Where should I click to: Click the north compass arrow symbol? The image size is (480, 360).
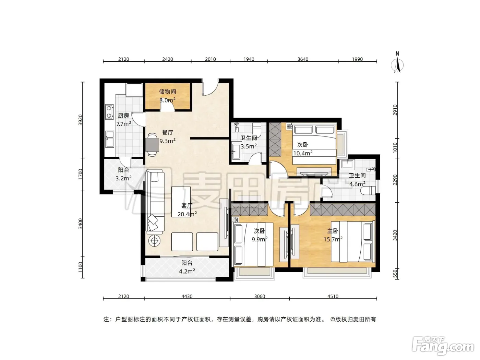point(397,65)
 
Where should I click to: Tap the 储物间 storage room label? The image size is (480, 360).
point(167,92)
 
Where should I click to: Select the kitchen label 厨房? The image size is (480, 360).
point(123,116)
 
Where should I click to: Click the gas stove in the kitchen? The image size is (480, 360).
point(109,112)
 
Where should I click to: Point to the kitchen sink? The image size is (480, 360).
point(110,139)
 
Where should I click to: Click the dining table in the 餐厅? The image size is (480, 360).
point(152,145)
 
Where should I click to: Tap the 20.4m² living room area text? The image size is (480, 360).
point(187,214)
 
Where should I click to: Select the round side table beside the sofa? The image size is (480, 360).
point(155,241)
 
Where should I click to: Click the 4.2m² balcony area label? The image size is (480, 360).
point(187,271)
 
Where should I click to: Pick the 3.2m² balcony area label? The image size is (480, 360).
point(123,178)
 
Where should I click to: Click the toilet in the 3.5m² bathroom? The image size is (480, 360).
point(257,130)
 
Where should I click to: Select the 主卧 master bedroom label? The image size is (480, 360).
point(333,231)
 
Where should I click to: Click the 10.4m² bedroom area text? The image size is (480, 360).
point(303,153)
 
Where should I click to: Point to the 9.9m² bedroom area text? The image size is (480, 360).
point(260,239)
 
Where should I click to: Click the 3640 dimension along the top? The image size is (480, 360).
point(303,59)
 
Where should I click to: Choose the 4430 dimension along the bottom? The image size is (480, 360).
point(187,296)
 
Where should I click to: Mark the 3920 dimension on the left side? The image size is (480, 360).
point(81,120)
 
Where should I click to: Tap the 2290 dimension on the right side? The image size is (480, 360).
point(395,180)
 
